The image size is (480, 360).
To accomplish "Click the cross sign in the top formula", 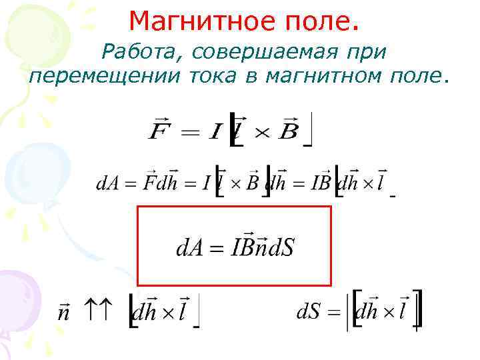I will (x=261, y=131).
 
